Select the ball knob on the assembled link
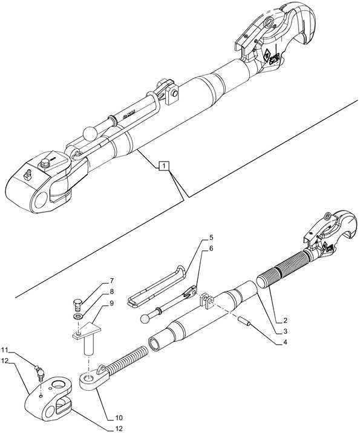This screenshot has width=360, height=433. (x=90, y=132)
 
